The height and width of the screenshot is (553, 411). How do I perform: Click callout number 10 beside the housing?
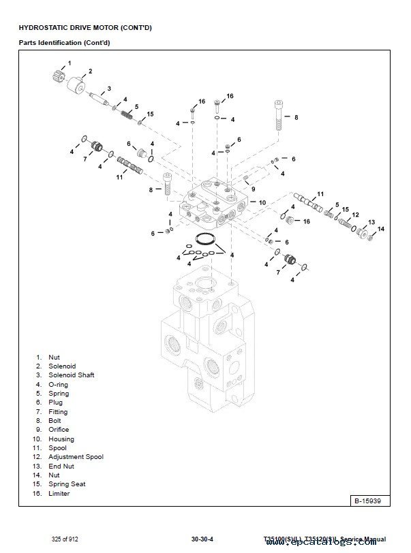click(x=262, y=202)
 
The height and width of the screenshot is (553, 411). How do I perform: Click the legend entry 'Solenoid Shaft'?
click(x=71, y=375)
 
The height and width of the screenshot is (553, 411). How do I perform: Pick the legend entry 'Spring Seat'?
click(x=67, y=484)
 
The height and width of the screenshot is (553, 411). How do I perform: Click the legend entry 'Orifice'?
click(x=59, y=430)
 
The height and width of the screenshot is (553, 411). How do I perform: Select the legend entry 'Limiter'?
click(x=59, y=494)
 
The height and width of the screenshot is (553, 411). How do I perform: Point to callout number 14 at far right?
click(x=381, y=228)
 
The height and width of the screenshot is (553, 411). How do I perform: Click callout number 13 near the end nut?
click(x=371, y=222)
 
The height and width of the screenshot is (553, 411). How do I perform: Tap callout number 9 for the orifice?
click(x=253, y=189)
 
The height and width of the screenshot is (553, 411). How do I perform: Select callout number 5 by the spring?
click(x=136, y=106)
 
